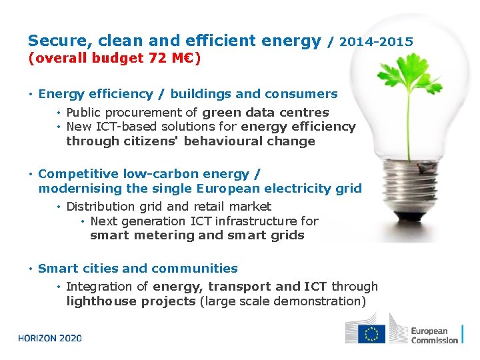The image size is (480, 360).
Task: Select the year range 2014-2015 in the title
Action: click(x=376, y=42)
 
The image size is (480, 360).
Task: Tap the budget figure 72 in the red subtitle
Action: click(x=157, y=58)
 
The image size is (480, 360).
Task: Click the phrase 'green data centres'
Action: click(x=265, y=113)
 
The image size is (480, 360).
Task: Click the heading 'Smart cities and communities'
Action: click(x=137, y=269)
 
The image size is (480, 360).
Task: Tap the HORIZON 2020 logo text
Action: click(x=50, y=338)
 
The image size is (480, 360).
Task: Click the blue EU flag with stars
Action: click(x=371, y=333)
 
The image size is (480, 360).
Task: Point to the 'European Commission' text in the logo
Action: click(x=434, y=335)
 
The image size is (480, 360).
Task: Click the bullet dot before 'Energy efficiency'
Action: click(x=31, y=95)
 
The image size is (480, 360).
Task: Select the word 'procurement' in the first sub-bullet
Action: click(x=132, y=113)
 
